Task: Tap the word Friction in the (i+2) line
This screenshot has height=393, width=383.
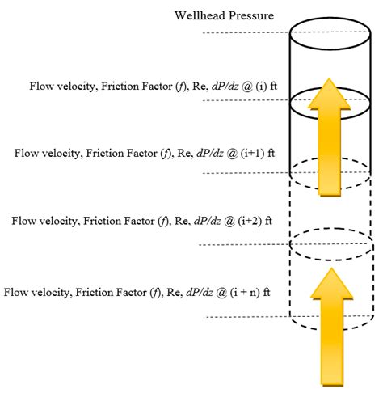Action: pos(88,221)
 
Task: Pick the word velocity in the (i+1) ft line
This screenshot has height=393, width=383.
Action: pos(65,151)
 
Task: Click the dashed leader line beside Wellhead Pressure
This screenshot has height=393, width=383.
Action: pos(242,32)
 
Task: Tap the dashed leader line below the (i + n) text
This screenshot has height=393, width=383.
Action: pos(242,318)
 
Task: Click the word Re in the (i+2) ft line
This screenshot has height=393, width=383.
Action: pos(168,221)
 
